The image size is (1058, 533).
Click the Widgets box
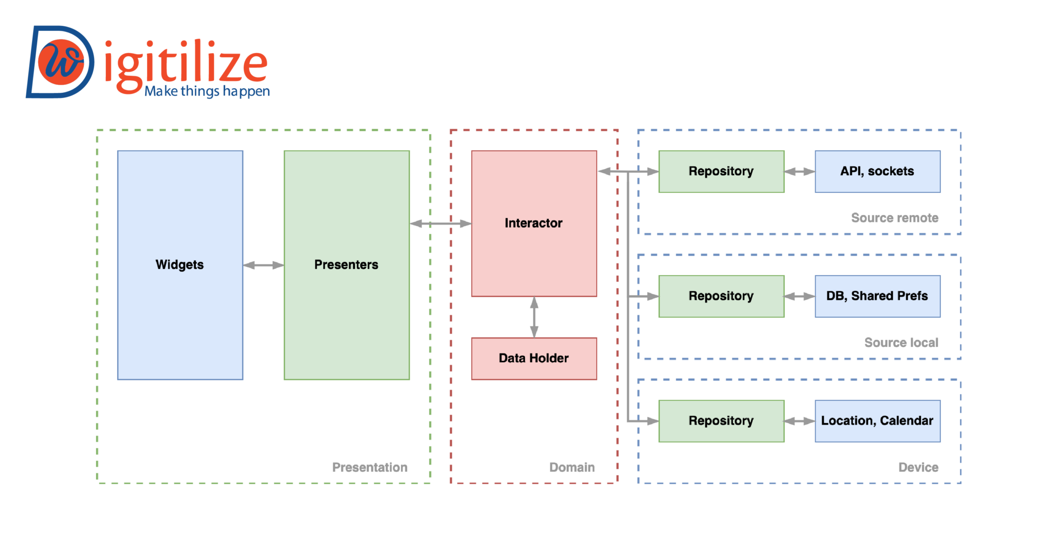pyautogui.click(x=180, y=265)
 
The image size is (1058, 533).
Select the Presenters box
pyautogui.click(x=347, y=265)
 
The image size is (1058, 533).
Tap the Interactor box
pyautogui.click(x=534, y=223)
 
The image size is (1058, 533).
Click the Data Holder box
pyautogui.click(x=534, y=358)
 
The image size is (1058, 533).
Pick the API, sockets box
pyautogui.click(x=877, y=171)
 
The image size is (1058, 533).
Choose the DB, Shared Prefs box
pyautogui.click(x=877, y=296)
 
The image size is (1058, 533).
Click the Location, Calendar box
pyautogui.click(x=877, y=421)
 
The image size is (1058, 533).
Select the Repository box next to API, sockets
pyautogui.click(x=721, y=171)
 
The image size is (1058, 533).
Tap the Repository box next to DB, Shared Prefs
pyautogui.click(x=721, y=296)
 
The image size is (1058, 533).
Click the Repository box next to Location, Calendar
pyautogui.click(x=721, y=421)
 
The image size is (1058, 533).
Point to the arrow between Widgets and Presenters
pyautogui.click(x=263, y=265)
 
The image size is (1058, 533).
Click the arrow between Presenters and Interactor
pyautogui.click(x=440, y=223)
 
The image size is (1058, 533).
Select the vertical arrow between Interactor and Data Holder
pyautogui.click(x=534, y=317)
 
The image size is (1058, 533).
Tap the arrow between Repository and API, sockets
pyautogui.click(x=799, y=172)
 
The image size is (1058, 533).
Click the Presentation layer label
pyautogui.click(x=369, y=467)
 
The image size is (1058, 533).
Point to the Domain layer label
pyautogui.click(x=572, y=467)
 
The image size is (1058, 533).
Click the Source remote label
pyautogui.click(x=895, y=218)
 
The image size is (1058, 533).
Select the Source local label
pyautogui.click(x=901, y=343)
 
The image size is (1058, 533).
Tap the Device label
pyautogui.click(x=918, y=467)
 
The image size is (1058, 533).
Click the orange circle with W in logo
pyautogui.click(x=61, y=62)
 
